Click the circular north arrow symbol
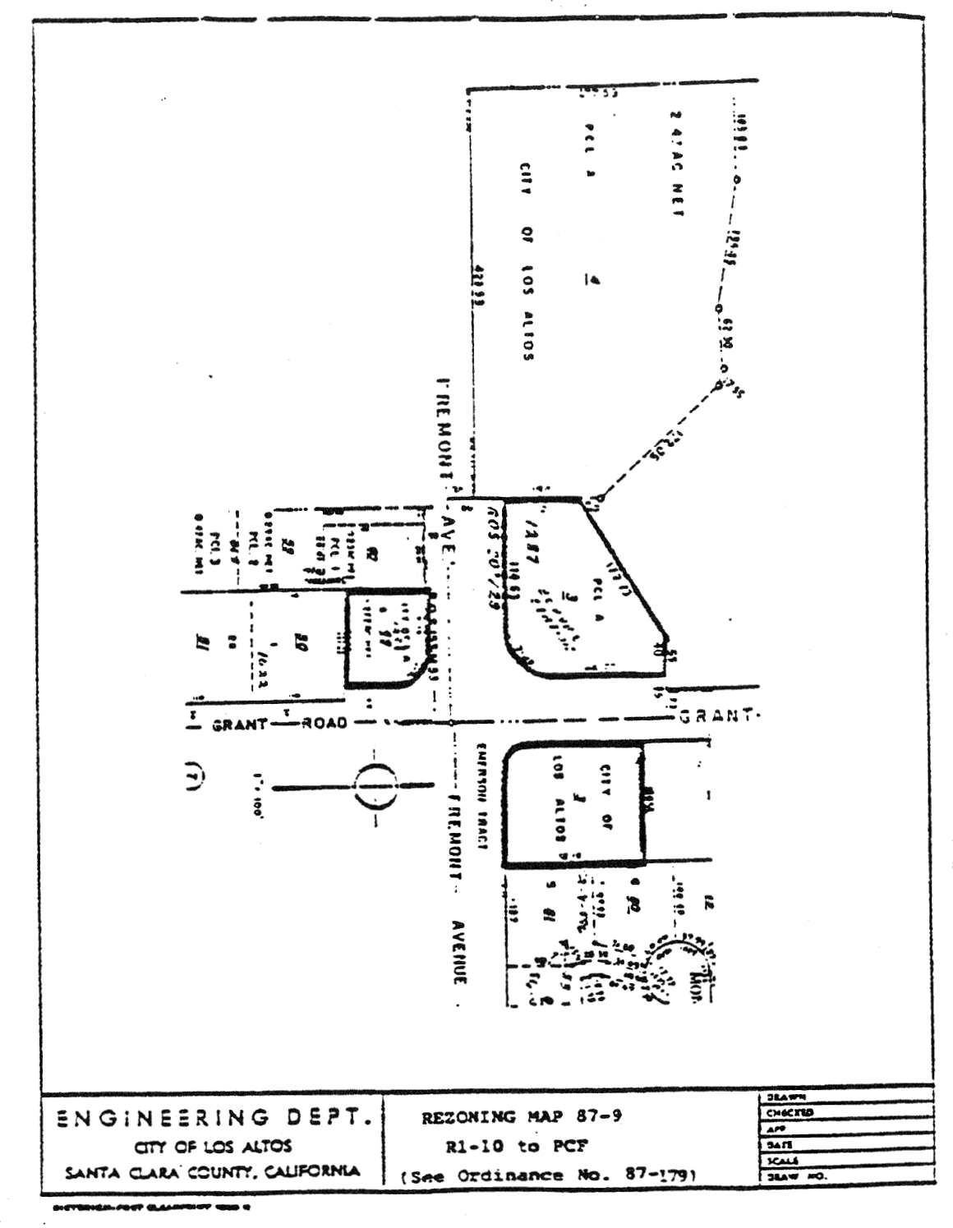click(x=374, y=787)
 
